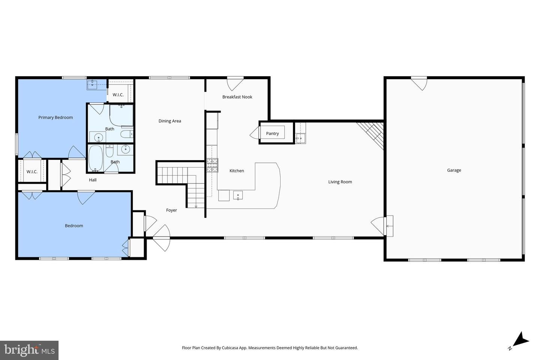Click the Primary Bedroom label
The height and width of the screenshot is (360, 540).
pyautogui.click(x=55, y=117)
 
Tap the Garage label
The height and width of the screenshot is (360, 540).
pyautogui.click(x=454, y=170)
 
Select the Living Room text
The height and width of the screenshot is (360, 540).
pyautogui.click(x=340, y=182)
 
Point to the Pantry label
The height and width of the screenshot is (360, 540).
pyautogui.click(x=272, y=133)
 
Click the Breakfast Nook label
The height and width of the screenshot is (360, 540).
pyautogui.click(x=237, y=97)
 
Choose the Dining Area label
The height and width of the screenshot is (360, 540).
pyautogui.click(x=169, y=121)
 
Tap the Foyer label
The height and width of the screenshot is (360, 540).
pyautogui.click(x=171, y=210)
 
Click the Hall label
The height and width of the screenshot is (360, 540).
pyautogui.click(x=93, y=180)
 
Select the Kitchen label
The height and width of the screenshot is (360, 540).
pyautogui.click(x=237, y=171)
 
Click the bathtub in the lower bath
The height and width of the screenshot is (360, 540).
pyautogui.click(x=96, y=158)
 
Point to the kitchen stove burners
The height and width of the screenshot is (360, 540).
pyautogui.click(x=212, y=165)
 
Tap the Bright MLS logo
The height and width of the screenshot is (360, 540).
pyautogui.click(x=29, y=350)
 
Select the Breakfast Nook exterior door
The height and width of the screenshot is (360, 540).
pyautogui.click(x=235, y=83)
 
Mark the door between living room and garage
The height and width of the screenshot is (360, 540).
pyautogui.click(x=379, y=226)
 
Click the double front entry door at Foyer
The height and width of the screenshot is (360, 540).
pyautogui.click(x=162, y=238)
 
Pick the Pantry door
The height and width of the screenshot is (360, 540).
pyautogui.click(x=255, y=133)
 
